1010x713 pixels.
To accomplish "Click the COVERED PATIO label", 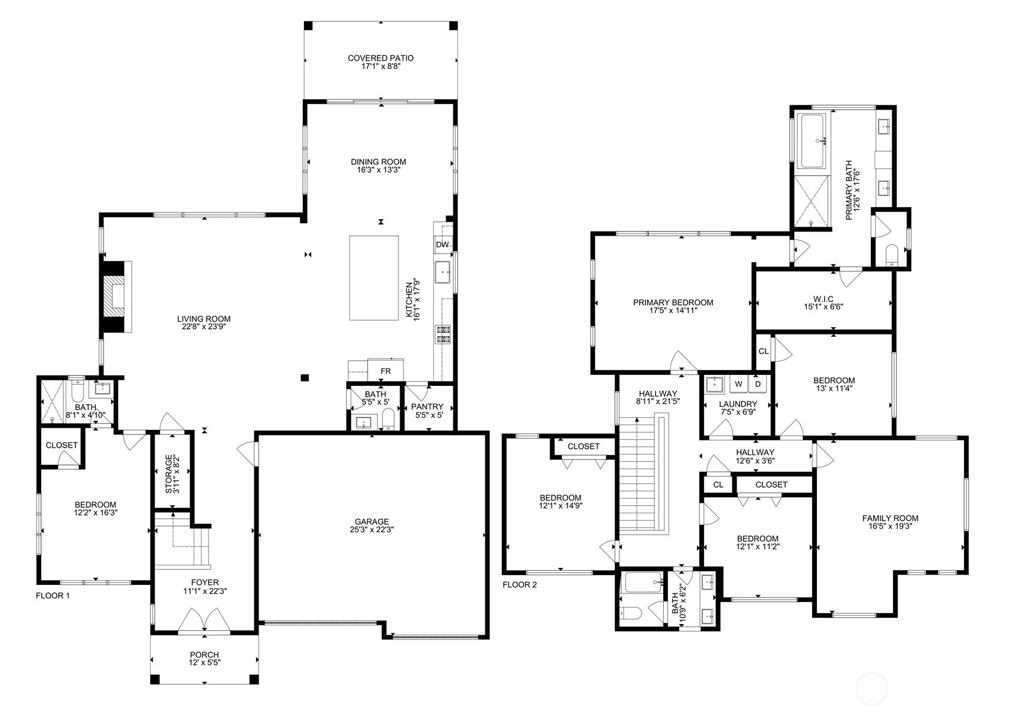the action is tap(381, 58).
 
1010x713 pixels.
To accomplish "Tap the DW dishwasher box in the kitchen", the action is tap(442, 245).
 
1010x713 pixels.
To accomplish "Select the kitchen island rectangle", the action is tap(374, 278).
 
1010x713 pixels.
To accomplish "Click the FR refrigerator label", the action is tap(385, 371).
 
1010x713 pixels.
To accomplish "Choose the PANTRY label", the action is tap(427, 407).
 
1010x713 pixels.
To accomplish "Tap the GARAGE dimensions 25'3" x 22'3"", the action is tap(371, 530).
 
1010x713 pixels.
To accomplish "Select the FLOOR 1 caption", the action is tap(53, 596).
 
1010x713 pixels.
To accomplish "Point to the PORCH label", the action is tap(204, 654).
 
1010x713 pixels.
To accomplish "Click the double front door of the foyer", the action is tap(204, 620).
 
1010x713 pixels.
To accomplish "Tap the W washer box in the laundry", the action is tap(739, 384).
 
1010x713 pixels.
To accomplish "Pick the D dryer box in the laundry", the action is tap(758, 384).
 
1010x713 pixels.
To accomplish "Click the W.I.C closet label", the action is tap(823, 299).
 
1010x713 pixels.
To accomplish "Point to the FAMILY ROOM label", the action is tap(890, 518).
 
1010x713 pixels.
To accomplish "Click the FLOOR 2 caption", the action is tap(520, 585).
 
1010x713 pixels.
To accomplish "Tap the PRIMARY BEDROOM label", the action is tap(673, 303).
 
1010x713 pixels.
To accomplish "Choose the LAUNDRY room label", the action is tap(738, 404).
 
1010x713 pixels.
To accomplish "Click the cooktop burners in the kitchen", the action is tap(442, 334).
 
